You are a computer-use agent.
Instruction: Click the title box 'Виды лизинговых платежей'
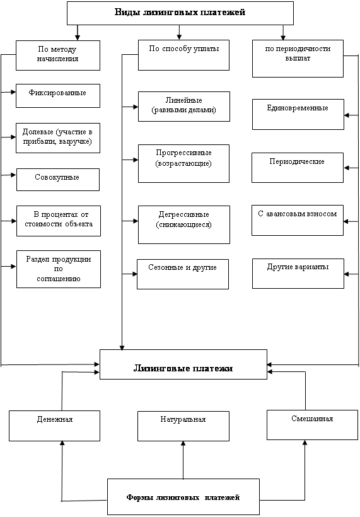[x=180, y=13]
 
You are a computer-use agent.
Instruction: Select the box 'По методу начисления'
[x=58, y=55]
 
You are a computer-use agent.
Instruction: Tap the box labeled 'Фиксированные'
[x=58, y=96]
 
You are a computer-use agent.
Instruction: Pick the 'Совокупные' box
[x=58, y=179]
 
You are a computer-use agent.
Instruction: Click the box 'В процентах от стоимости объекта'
[x=59, y=221]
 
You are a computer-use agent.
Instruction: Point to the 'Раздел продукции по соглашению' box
[x=59, y=269]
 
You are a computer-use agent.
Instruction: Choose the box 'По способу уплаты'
[x=183, y=55]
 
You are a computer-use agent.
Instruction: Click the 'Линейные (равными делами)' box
[x=184, y=107]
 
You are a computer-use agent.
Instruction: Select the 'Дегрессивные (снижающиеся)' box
[x=184, y=224]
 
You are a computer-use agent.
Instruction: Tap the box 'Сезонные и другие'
[x=183, y=274]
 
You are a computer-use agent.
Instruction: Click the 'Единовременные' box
[x=298, y=114]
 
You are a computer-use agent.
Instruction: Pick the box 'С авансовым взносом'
[x=298, y=220]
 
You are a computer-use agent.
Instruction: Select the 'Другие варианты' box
[x=298, y=274]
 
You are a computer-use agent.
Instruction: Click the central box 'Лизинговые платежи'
[x=183, y=364]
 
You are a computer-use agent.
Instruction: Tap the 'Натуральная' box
[x=183, y=426]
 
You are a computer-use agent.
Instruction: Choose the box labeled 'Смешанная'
[x=312, y=425]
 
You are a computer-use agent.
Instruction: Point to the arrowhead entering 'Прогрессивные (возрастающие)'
[x=136, y=160]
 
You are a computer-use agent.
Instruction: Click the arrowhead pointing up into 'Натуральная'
[x=183, y=444]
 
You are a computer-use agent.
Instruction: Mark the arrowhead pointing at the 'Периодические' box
[x=347, y=168]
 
